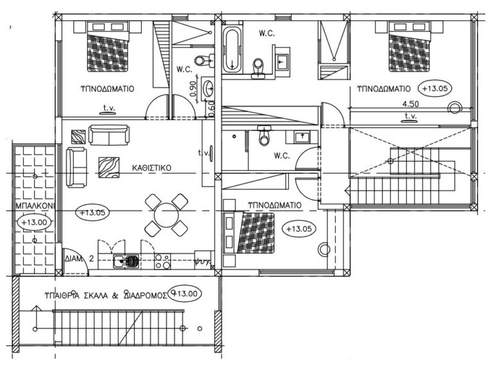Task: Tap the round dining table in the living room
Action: click(166, 214)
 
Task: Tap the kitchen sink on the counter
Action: click(120, 260)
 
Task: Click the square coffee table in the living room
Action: click(107, 167)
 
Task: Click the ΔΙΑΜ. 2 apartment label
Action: click(80, 259)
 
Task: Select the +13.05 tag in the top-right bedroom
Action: click(435, 87)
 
